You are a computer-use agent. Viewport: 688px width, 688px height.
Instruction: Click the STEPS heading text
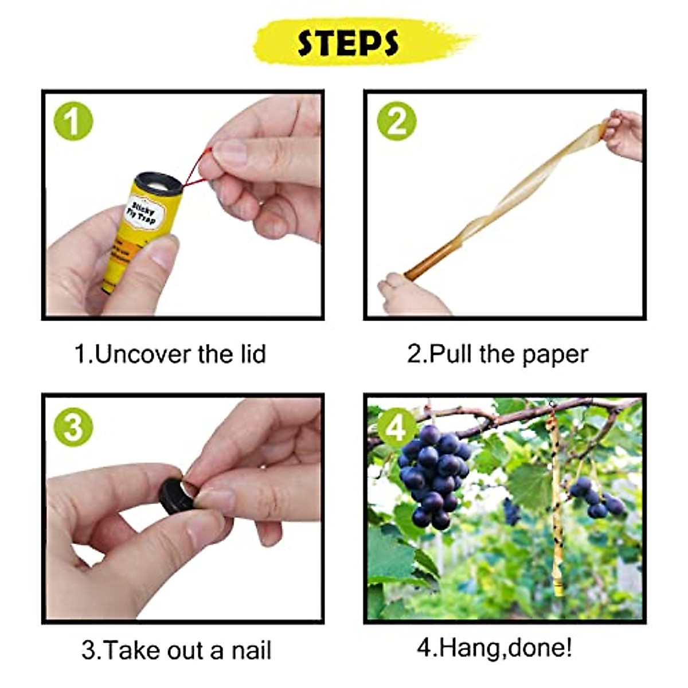tap(347, 43)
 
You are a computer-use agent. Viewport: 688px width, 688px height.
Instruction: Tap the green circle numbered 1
tap(73, 121)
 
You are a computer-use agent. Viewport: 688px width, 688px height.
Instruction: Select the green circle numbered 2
tap(396, 121)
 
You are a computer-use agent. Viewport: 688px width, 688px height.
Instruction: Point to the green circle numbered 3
tap(73, 427)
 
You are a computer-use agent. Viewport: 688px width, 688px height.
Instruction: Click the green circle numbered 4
tap(396, 427)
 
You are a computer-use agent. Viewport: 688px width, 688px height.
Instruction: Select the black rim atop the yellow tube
tap(158, 182)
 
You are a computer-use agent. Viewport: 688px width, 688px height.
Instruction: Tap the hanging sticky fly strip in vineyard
tap(556, 499)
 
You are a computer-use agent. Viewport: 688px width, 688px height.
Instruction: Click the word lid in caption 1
tap(253, 354)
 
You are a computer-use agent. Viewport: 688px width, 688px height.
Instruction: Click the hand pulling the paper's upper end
tap(625, 135)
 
